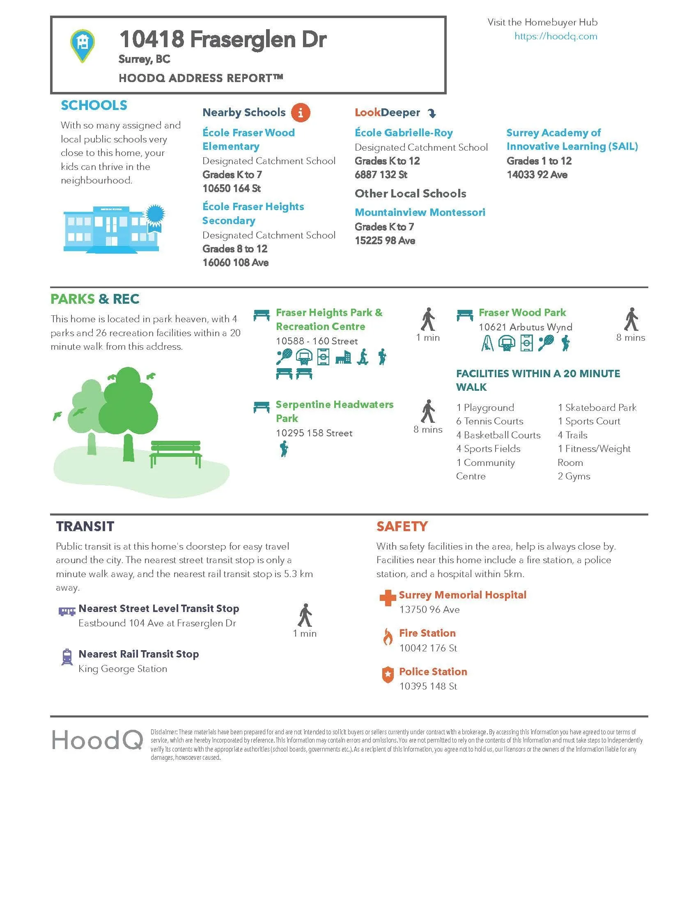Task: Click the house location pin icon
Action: tap(83, 45)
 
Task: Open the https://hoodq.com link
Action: tap(556, 37)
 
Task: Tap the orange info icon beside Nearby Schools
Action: tap(300, 112)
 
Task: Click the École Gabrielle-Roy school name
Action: tap(404, 133)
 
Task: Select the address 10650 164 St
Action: tap(232, 188)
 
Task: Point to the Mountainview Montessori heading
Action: tap(420, 213)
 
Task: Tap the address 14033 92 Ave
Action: tap(537, 175)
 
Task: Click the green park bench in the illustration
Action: tap(176, 454)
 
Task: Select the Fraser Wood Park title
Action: tap(522, 313)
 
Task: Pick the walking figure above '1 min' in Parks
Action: tap(428, 319)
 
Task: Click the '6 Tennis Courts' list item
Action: tap(489, 421)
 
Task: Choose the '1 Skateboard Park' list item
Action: tap(597, 408)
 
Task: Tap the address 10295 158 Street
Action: tap(314, 433)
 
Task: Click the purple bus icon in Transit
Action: tap(67, 611)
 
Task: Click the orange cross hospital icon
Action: tap(388, 598)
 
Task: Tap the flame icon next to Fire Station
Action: tap(388, 636)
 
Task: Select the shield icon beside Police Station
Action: tap(388, 675)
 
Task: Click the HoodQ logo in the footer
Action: tap(97, 740)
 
